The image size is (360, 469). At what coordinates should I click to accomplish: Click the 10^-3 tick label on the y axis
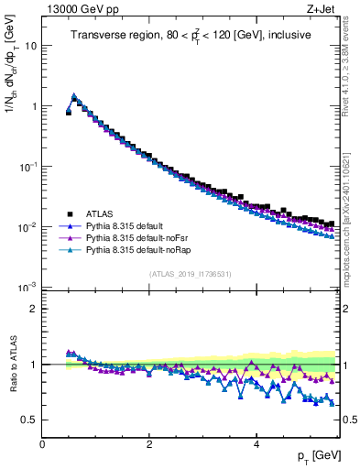[x=27, y=288]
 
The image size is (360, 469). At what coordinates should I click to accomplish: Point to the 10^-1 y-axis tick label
[x=27, y=167]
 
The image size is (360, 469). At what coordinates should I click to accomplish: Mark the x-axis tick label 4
[x=256, y=444]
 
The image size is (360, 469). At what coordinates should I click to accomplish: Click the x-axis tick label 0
[x=43, y=444]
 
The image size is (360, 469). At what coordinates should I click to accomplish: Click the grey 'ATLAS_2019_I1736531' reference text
[x=190, y=274]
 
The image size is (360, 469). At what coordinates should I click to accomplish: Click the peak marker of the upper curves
[x=74, y=94]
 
